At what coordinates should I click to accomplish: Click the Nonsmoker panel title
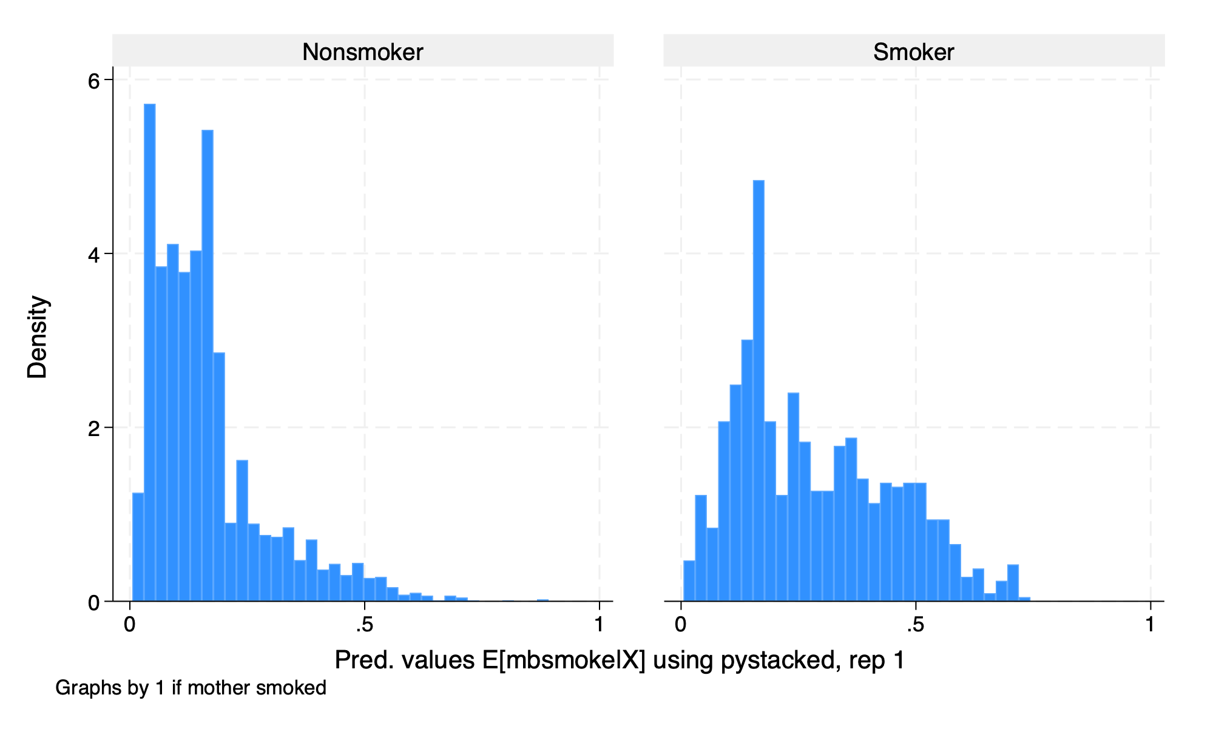(362, 52)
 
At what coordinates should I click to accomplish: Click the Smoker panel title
(913, 52)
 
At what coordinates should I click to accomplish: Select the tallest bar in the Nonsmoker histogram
(150, 352)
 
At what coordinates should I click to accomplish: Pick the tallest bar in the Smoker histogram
(758, 388)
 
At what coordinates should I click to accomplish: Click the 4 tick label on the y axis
(93, 255)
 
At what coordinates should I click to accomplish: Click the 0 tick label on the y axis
(93, 603)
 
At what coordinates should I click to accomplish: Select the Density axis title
(38, 337)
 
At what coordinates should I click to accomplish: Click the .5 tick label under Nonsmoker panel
(363, 625)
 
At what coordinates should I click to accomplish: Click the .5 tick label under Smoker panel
(914, 625)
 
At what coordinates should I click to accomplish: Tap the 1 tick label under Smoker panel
(1150, 625)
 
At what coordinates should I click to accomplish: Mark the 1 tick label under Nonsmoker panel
(599, 625)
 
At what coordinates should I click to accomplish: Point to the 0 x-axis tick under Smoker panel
(681, 625)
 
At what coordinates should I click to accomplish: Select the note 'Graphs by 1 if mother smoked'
(191, 688)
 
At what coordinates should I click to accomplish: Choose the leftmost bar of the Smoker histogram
(689, 581)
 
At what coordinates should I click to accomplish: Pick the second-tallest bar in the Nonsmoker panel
(208, 364)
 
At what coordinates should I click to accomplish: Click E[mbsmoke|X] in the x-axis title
(564, 660)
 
